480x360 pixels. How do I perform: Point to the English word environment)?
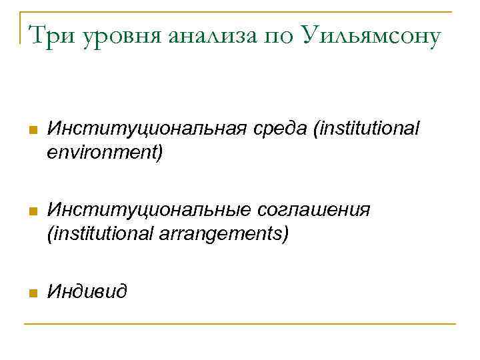point(105,153)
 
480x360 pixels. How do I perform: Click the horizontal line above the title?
point(240,11)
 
